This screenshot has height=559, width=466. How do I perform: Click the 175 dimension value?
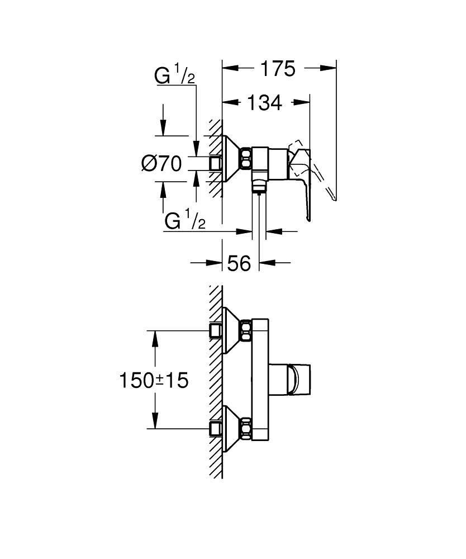(x=278, y=69)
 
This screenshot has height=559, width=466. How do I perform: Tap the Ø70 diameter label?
(x=162, y=164)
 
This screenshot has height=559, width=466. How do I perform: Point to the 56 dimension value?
(x=239, y=263)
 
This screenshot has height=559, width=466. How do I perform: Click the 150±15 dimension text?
(x=154, y=381)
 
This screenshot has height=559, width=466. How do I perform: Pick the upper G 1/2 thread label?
(x=174, y=77)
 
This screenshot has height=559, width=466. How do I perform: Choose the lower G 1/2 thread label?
(x=185, y=221)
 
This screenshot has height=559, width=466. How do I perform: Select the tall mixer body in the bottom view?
(x=260, y=381)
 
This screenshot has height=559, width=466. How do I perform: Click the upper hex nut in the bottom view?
(x=245, y=330)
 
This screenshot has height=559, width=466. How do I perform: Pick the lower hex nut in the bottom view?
(x=245, y=429)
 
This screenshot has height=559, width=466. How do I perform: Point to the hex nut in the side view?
(x=245, y=159)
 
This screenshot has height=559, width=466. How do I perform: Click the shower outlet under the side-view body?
(x=258, y=184)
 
